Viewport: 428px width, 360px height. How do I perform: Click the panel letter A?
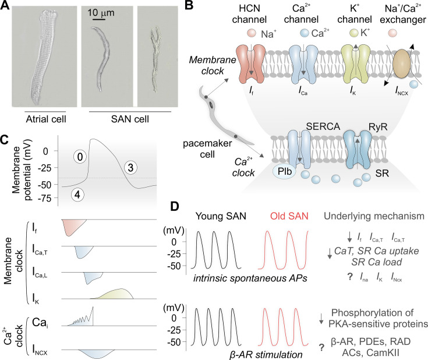7,8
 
